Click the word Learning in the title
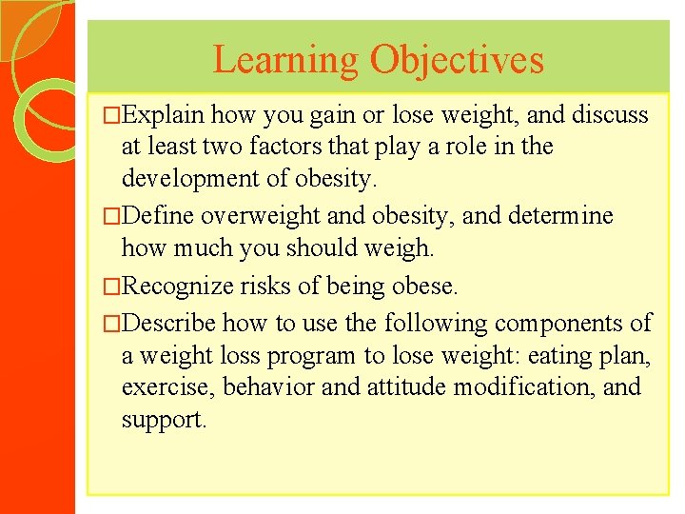click(285, 60)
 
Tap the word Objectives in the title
click(457, 60)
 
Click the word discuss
click(610, 116)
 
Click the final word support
click(163, 420)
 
